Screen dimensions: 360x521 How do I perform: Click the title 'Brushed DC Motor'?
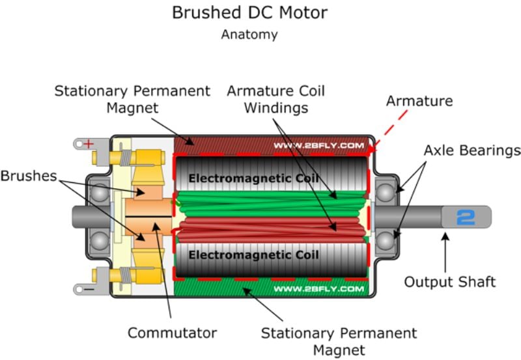[249, 12]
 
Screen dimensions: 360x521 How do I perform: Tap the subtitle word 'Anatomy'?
[249, 35]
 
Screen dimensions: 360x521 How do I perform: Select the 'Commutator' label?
[172, 333]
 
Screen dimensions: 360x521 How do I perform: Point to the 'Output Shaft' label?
[449, 282]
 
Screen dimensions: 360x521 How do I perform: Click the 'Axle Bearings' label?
[472, 150]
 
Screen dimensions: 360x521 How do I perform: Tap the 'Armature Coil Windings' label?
[275, 99]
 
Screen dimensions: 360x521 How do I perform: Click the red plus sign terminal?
[88, 143]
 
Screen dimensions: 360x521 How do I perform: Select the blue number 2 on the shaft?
[466, 217]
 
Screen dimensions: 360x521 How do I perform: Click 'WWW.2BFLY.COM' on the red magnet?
[318, 145]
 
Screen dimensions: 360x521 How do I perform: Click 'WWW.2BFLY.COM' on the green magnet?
[318, 288]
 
